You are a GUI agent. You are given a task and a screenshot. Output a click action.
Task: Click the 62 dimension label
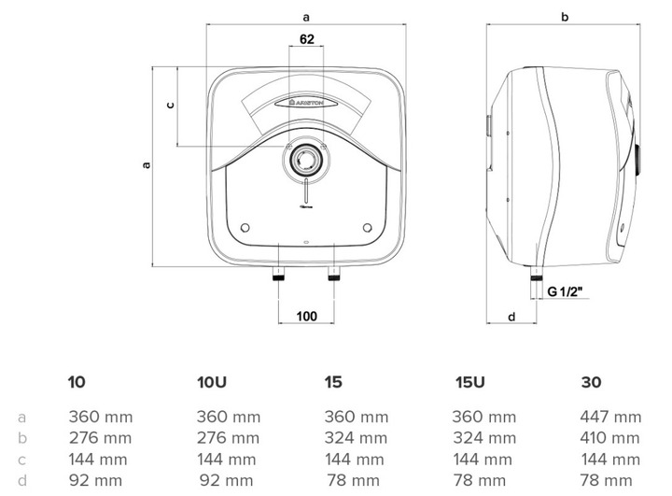point(307,39)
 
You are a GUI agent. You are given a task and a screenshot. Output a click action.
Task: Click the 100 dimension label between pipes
point(306,317)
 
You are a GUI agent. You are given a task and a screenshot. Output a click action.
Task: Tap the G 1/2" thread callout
point(566,291)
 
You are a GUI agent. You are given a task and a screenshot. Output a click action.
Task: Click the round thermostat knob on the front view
point(306,160)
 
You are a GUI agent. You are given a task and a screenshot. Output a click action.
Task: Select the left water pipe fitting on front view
point(278,274)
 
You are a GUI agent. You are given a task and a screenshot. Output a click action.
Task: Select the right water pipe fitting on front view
point(334,274)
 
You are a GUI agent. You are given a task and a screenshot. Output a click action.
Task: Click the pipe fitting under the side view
point(536,274)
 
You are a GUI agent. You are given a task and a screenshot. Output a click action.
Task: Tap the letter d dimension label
point(511,317)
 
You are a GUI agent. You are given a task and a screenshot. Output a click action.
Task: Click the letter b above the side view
point(565,17)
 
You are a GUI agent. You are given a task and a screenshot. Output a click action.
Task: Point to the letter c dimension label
point(170,105)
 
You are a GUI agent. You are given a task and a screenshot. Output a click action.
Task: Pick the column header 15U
point(469,382)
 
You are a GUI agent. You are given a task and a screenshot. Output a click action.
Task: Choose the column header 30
point(592,382)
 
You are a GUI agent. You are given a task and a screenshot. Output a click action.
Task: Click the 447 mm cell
point(610,417)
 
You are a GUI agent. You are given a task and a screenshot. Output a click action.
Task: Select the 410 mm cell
point(609,438)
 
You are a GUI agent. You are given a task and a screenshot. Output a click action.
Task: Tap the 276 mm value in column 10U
point(228,438)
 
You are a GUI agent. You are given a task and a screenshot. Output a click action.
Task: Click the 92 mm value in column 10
point(95,480)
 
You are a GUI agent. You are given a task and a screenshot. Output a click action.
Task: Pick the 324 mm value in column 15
point(356,438)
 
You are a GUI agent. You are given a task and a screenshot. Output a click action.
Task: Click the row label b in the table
point(22,438)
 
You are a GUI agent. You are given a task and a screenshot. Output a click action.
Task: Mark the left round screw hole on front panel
point(245,228)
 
